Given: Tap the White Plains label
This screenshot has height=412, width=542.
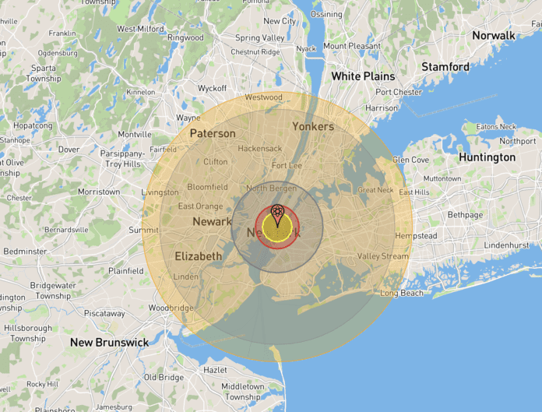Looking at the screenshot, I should pos(363,76).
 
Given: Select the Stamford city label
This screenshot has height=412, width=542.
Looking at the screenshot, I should pos(445,67).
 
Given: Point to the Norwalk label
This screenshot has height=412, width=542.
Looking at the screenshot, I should pos(493,36).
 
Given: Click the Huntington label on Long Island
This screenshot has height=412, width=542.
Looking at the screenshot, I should pos(487,157).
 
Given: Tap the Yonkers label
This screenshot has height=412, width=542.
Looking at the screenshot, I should pos(313,126).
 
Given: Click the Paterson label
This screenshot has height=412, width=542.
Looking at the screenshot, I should pos(213,133).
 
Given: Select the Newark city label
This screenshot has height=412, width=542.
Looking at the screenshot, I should pos(212,222).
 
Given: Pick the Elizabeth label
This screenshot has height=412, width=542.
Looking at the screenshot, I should pos(198,256).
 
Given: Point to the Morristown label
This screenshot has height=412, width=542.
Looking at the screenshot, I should pos(99,192).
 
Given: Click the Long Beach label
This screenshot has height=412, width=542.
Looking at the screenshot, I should pos(402,294).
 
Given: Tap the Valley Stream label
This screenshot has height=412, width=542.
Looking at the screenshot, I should pos(382,256).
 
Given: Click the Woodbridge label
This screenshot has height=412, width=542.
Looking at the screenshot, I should pos(171,308).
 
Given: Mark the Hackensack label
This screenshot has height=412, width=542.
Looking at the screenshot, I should pos(260,148).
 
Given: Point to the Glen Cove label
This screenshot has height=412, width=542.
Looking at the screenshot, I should pos(410,160).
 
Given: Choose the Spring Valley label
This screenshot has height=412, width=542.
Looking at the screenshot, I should pos(259,37).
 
